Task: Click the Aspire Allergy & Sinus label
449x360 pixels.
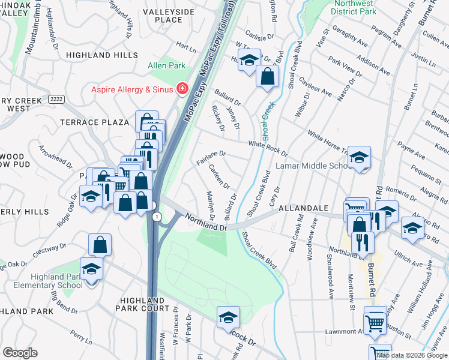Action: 133,89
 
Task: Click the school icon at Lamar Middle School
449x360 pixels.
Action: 360,158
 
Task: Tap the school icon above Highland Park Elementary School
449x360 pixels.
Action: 91,268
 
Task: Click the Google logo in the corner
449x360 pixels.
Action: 20,353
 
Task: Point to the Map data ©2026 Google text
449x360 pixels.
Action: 411,355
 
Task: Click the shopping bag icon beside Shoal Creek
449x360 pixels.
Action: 268,76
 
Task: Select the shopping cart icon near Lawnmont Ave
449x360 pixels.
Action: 375,322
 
